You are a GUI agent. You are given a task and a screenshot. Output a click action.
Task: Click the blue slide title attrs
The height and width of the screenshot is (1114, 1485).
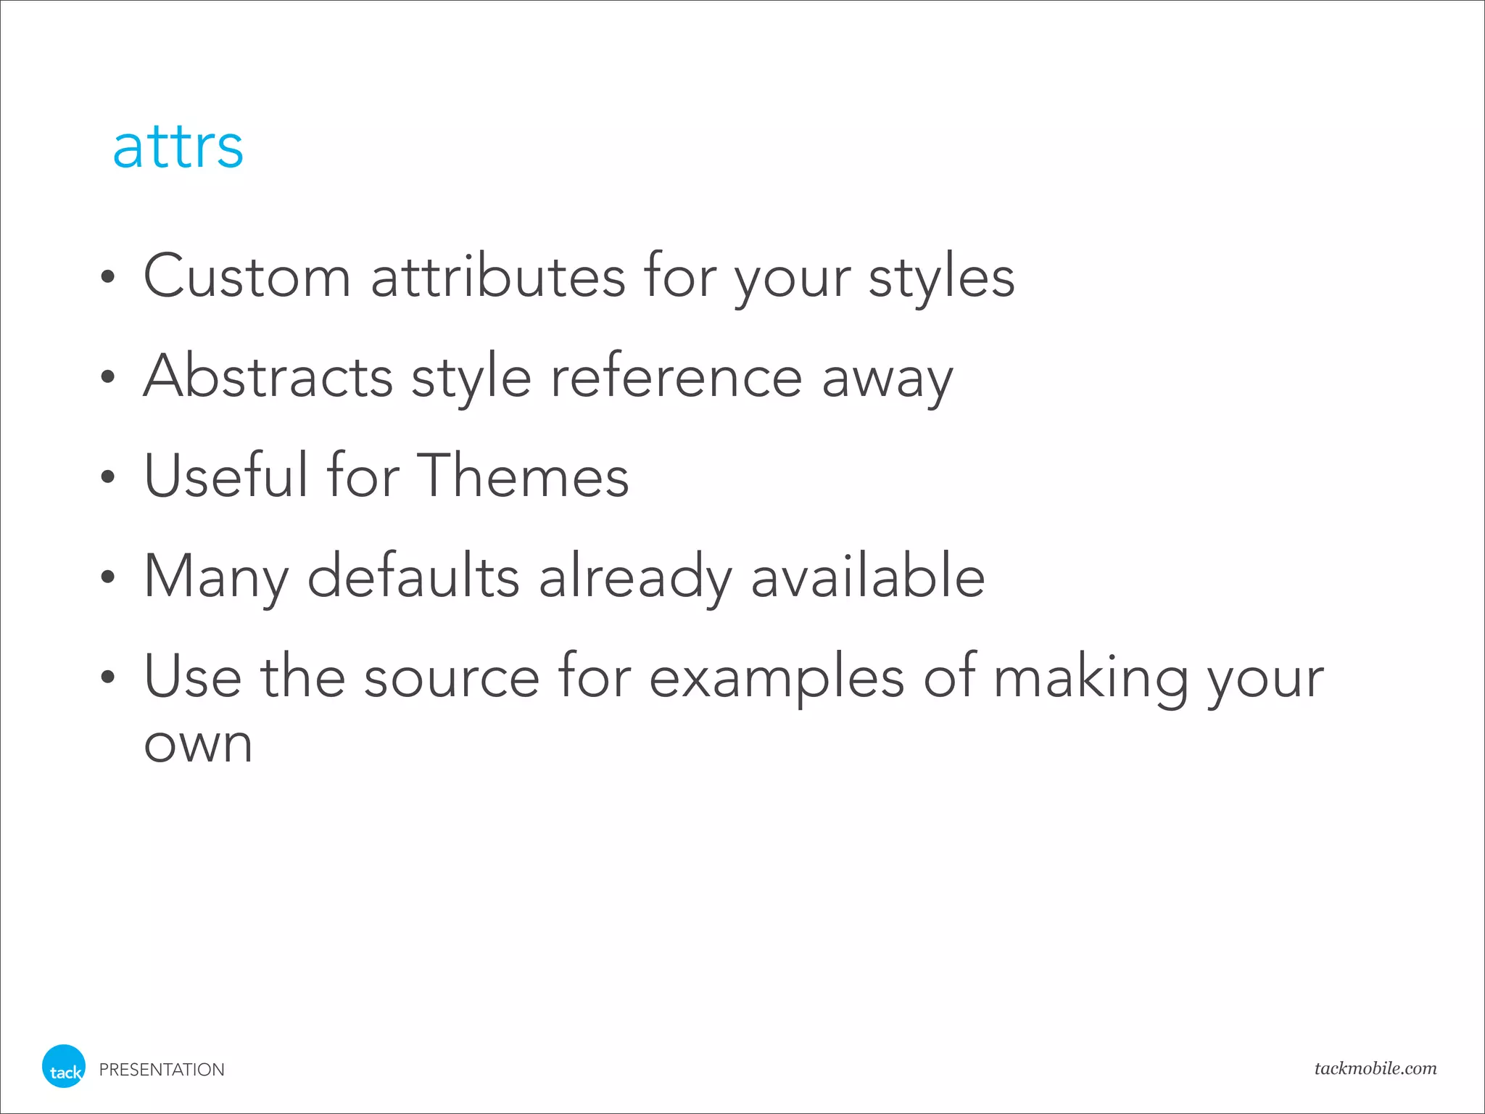178,147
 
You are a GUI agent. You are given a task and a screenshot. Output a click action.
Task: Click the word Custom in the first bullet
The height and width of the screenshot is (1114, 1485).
247,276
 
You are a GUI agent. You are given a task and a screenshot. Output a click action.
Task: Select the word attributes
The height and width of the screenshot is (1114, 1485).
498,276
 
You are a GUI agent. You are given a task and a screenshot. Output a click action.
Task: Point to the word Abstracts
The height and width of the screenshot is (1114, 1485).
268,376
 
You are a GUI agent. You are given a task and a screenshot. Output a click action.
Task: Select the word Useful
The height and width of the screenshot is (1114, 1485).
226,475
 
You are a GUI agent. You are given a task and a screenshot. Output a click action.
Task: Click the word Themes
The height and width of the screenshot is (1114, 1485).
523,475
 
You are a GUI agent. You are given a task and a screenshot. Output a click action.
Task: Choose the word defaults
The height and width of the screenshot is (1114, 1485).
413,575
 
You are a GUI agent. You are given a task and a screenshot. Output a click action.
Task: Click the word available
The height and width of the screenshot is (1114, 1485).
868,575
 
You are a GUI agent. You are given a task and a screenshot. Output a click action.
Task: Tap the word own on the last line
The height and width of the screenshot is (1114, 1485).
199,745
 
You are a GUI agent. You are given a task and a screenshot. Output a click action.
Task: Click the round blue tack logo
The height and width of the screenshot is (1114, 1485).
64,1066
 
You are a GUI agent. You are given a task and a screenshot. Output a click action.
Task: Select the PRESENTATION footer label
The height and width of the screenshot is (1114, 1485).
162,1070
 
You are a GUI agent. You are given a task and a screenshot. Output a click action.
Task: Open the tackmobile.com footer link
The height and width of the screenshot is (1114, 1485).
1376,1068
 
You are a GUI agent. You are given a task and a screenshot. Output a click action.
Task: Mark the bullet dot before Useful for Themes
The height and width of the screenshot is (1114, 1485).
108,476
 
